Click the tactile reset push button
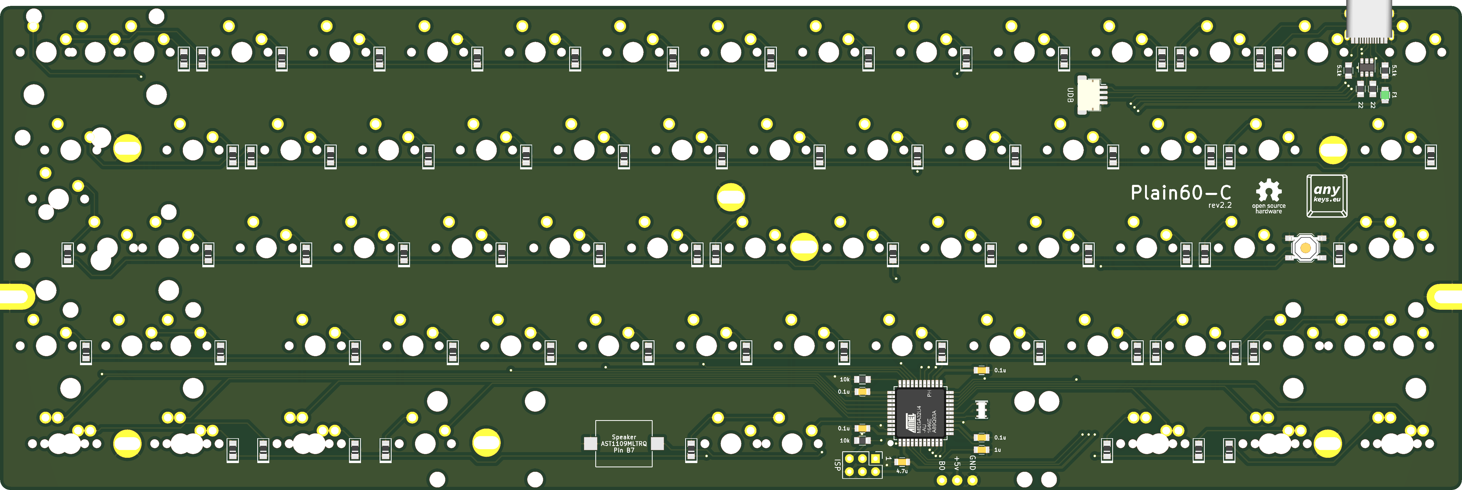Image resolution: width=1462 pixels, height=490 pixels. click(1305, 248)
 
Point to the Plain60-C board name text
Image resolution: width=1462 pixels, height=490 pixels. click(1180, 193)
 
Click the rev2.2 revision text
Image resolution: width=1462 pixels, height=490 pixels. click(1220, 206)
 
